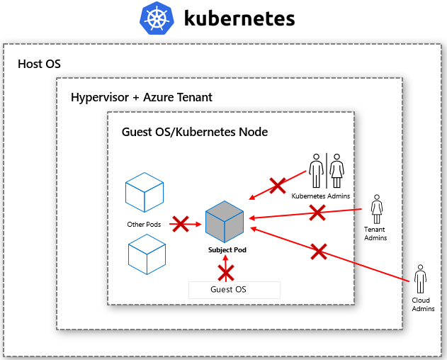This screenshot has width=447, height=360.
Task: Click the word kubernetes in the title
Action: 239,18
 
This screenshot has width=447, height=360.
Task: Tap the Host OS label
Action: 39,64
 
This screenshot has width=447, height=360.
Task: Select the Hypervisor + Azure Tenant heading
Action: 142,97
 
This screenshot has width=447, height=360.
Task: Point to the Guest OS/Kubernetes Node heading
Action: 195,132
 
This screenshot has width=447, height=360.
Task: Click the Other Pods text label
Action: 144,225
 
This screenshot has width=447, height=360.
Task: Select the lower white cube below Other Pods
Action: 147,254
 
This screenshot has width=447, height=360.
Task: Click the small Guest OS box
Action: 234,290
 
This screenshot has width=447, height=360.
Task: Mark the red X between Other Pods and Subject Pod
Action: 181,225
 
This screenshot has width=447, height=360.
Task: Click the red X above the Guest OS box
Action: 226,273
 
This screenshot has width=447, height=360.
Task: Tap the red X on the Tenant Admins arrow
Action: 317,211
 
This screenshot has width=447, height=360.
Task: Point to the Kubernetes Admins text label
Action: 321,196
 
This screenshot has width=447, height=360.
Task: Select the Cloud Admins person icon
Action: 421,279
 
